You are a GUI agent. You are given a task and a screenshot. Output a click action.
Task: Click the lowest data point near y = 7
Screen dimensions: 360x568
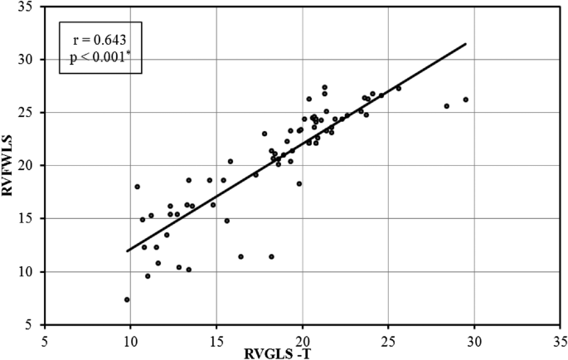pyautogui.click(x=127, y=299)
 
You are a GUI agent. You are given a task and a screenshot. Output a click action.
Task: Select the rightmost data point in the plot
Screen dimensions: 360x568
pyautogui.click(x=466, y=100)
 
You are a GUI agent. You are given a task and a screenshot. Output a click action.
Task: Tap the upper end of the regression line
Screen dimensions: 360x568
pyautogui.click(x=466, y=44)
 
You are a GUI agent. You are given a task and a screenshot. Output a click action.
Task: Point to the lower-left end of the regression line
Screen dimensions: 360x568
pyautogui.click(x=127, y=251)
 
